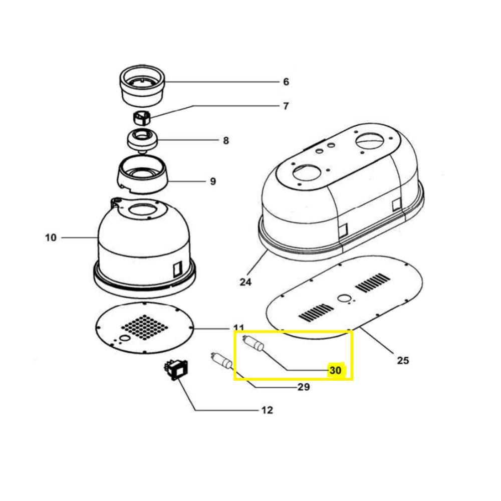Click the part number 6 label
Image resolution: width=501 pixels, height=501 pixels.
pos(286,82)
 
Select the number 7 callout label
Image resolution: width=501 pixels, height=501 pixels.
pos(286,106)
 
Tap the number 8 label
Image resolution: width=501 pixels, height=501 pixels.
pos(226,140)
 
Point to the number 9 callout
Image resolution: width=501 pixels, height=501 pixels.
pos(213,181)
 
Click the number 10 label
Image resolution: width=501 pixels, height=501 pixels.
pos(51,237)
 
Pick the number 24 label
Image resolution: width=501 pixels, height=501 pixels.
pos(245,282)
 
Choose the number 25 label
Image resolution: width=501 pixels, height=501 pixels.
pos(403,360)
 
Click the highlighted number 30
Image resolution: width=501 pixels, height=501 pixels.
pos(335,370)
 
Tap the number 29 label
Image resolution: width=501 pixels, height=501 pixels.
pos(304,387)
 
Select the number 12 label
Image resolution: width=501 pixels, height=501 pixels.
pos(267,410)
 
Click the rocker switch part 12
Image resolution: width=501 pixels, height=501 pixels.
pos(176,370)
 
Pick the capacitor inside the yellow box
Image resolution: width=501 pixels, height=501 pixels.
pos(254,344)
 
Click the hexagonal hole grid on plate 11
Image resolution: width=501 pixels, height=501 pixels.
pos(144,327)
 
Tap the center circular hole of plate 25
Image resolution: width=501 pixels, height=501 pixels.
pos(344,299)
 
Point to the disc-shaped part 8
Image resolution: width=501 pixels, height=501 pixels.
pos(143,139)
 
